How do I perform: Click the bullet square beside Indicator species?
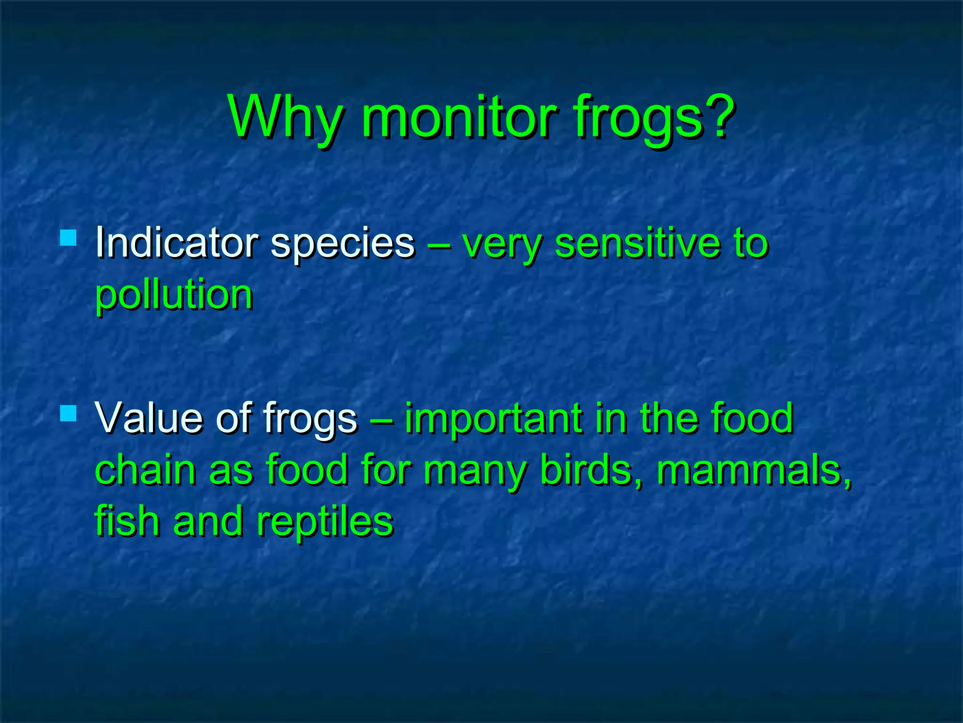click(x=69, y=238)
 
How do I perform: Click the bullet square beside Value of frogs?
click(x=69, y=413)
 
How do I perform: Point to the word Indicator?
click(x=176, y=243)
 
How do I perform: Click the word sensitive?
click(x=637, y=243)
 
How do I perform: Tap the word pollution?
click(x=174, y=296)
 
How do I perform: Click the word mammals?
click(x=752, y=470)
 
